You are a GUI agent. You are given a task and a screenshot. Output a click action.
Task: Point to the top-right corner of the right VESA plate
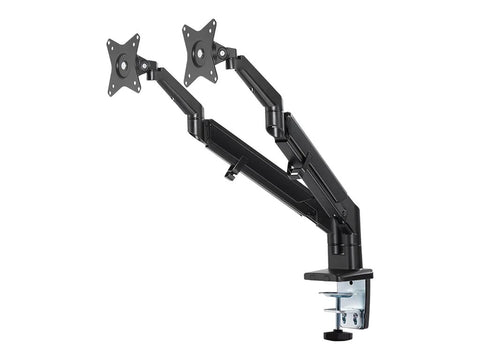tap(214, 22)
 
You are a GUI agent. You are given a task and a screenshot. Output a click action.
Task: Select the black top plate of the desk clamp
tap(338, 274)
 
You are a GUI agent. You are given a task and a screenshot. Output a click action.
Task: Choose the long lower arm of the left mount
tap(265, 170)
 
